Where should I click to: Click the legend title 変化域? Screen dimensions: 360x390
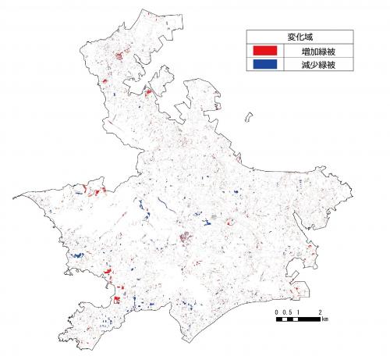pos(300,37)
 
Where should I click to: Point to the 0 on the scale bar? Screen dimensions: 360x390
pos(278,312)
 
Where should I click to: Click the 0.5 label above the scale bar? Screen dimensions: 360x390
pos(288,312)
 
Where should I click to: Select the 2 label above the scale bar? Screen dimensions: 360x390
pos(321,312)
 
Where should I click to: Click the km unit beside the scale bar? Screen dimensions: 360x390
pos(325,319)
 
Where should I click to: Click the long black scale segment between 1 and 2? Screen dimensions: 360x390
pos(310,319)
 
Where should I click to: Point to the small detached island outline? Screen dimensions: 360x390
pos(249,118)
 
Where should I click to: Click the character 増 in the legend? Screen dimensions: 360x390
pos(304,52)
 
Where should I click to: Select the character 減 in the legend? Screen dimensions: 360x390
pos(304,67)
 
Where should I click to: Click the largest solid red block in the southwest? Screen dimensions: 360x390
pos(117,299)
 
